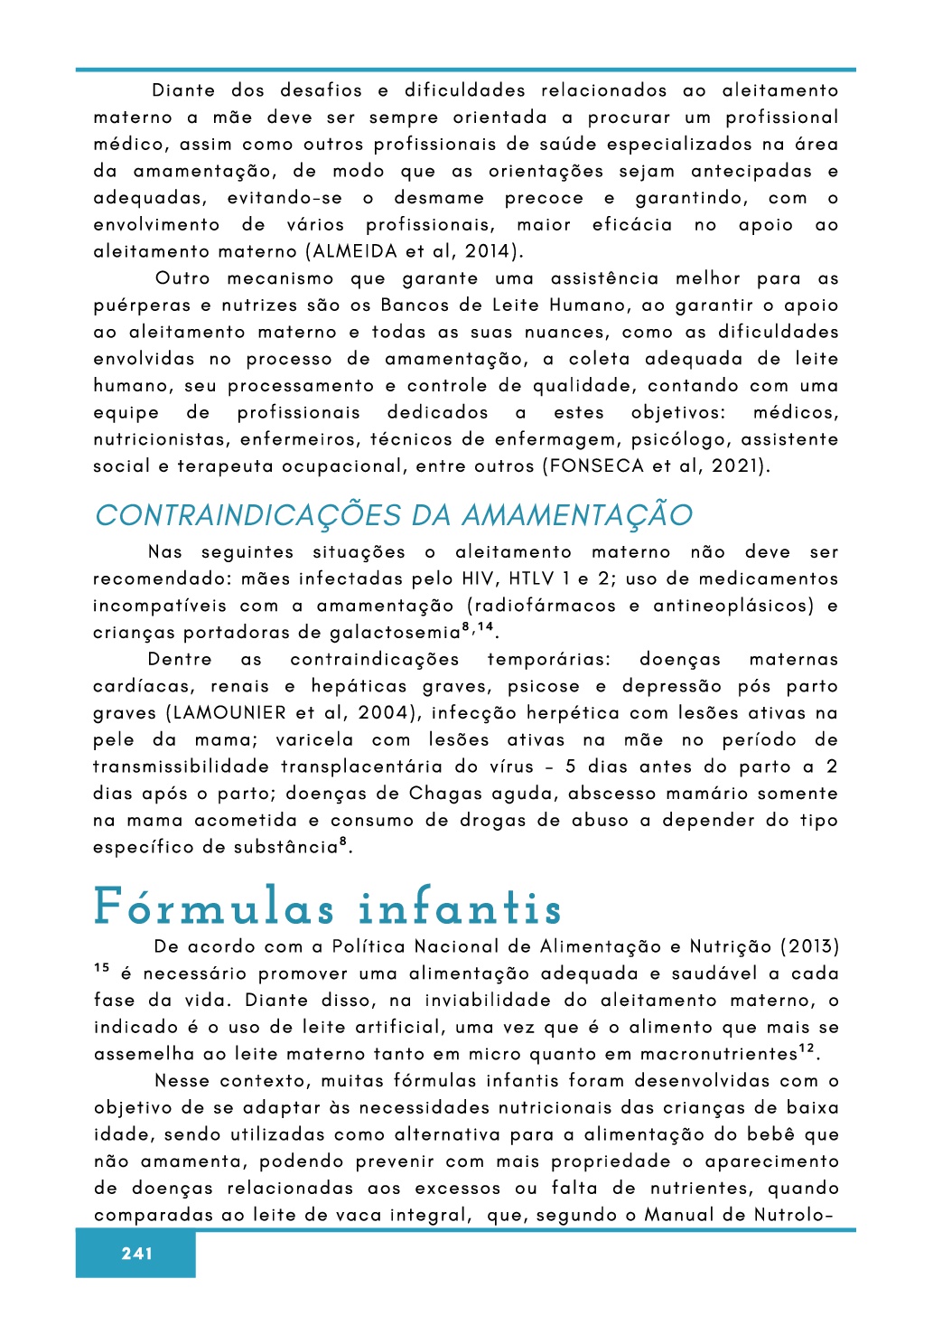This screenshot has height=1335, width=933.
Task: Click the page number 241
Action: [136, 1254]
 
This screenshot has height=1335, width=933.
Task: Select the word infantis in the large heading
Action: [460, 907]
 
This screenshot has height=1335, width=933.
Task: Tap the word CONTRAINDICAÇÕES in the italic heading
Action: [248, 515]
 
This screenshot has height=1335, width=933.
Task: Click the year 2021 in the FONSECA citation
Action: [735, 466]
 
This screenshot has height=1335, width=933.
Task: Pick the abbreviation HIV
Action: [480, 578]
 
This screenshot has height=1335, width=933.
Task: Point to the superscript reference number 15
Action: [101, 969]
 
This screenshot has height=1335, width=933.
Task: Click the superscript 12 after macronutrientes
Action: [807, 1049]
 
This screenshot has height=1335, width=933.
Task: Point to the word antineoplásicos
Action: [733, 606]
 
